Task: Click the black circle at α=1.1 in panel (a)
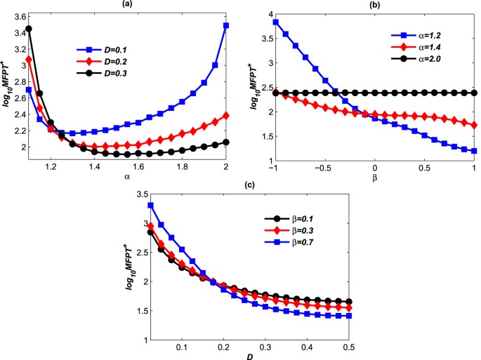[x=29, y=29]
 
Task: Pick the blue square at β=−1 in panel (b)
[x=276, y=22]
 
